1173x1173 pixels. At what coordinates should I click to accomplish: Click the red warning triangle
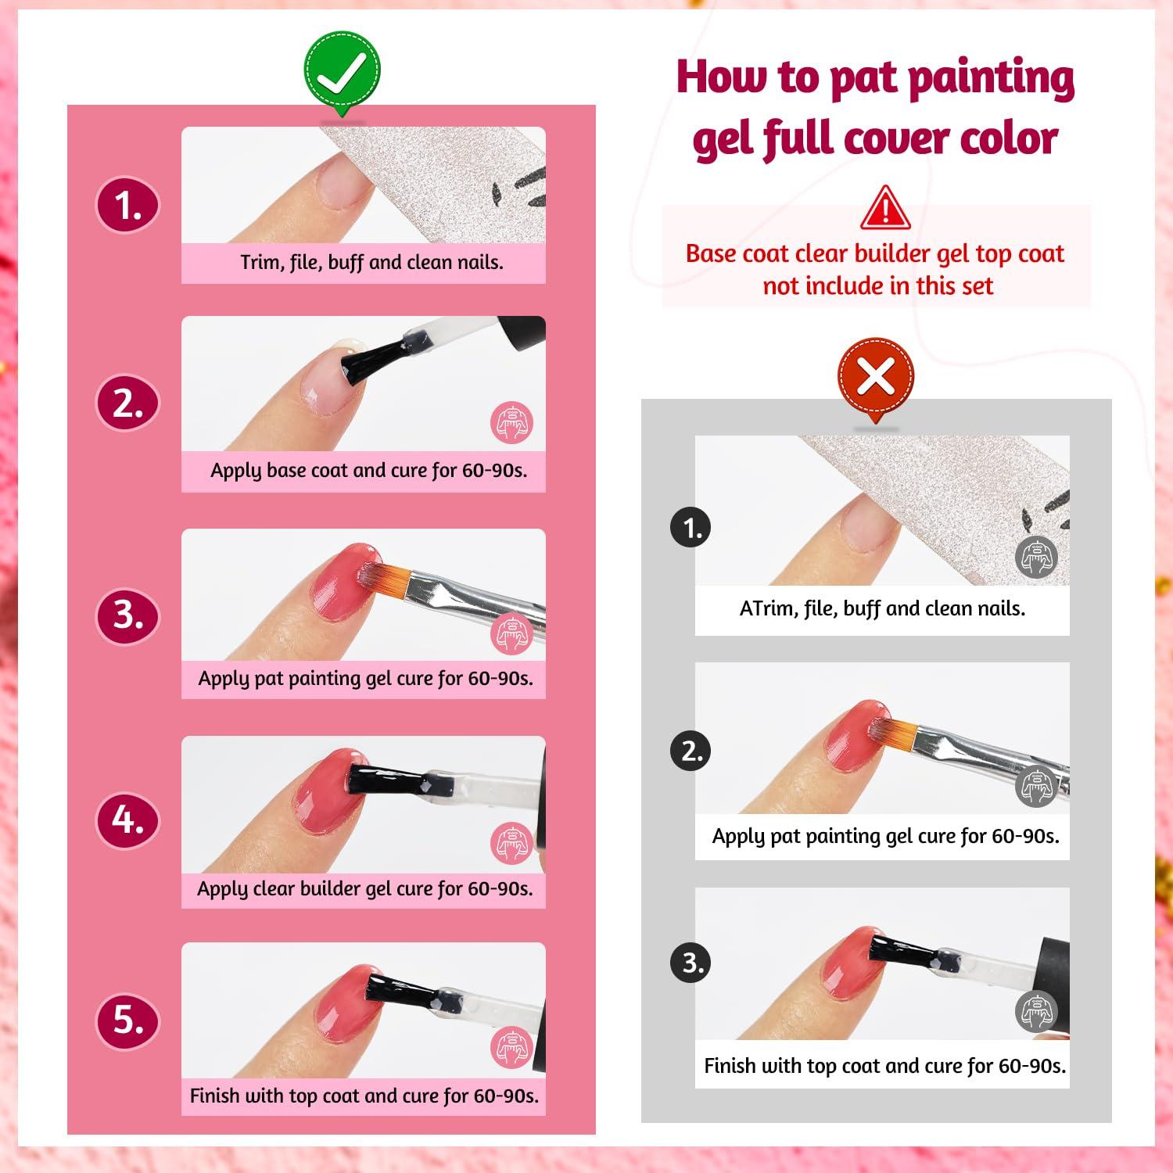pos(885,207)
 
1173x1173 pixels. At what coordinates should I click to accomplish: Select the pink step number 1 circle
pos(127,206)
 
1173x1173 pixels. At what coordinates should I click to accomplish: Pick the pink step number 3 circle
pos(127,615)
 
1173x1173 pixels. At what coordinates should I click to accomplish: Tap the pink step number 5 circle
pos(127,1021)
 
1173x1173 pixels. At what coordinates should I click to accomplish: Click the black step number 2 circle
pos(692,751)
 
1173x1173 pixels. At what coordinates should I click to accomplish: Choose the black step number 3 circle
pos(692,963)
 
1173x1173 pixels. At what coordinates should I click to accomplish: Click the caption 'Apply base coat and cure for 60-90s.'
pos(368,471)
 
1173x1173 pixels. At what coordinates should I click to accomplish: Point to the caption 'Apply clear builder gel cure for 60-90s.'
pos(364,889)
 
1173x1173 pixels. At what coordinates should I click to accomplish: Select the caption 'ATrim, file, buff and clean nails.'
pos(882,608)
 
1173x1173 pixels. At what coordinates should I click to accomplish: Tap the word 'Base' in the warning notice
pos(710,253)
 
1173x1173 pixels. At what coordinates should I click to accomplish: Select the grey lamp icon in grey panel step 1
pos(1036,558)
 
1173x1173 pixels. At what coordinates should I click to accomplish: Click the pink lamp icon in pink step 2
pos(512,423)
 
